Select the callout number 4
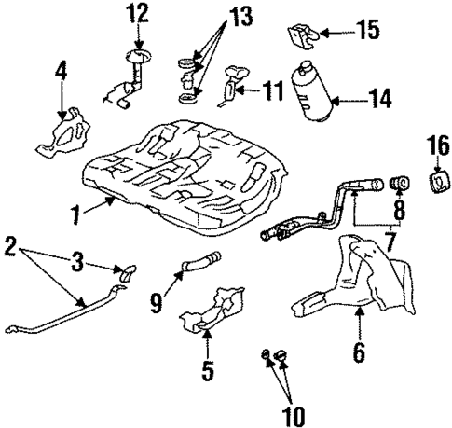point(61,70)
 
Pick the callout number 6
point(359,352)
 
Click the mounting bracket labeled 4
point(59,131)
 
